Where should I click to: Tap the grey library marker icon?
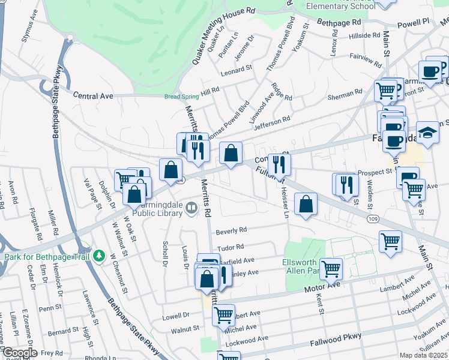tap(191, 208)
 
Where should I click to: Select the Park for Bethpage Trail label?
tap(47, 257)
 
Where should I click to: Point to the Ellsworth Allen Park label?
tap(302, 267)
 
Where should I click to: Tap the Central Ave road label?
tap(93, 95)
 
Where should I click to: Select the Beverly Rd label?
tap(232, 230)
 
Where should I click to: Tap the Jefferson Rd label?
tap(272, 123)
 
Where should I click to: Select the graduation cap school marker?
tap(427, 133)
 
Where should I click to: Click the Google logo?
tap(19, 353)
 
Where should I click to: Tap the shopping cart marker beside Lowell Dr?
tap(223, 313)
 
